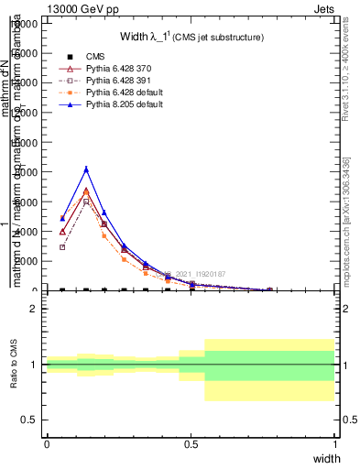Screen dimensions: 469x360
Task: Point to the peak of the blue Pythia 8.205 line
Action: pos(86,169)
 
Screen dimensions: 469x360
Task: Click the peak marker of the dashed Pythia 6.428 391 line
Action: pos(86,201)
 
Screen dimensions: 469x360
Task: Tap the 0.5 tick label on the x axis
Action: pos(191,443)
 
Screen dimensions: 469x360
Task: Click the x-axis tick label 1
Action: pos(334,443)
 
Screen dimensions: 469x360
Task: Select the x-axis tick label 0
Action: pos(47,443)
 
